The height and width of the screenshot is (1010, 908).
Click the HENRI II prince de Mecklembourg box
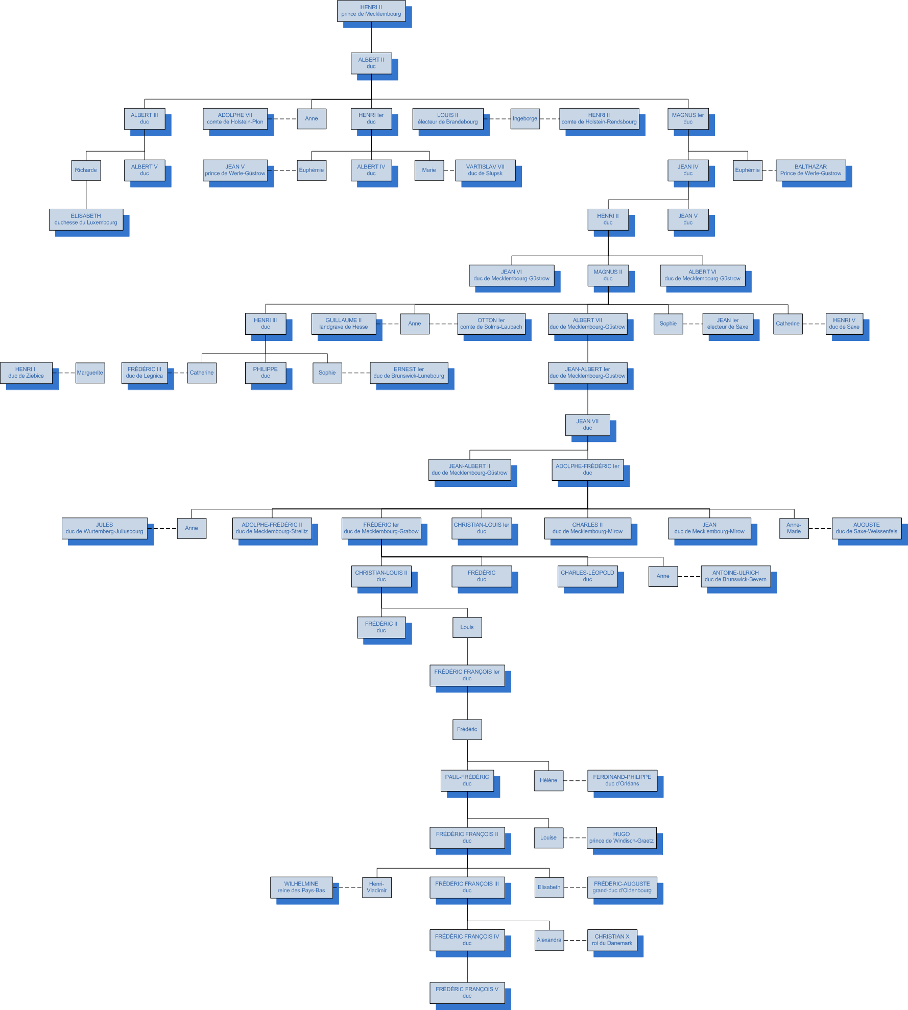pos(371,11)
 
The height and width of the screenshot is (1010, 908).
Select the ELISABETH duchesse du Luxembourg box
pos(86,219)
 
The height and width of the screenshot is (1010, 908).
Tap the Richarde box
pos(86,170)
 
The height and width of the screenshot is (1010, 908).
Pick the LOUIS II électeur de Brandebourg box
pos(448,118)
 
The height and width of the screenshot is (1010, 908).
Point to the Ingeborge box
pos(525,119)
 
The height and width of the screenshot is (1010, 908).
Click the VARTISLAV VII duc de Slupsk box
pos(485,170)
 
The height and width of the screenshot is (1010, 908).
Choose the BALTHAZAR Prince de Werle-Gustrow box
pos(810,170)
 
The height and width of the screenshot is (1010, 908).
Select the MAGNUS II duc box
pos(608,276)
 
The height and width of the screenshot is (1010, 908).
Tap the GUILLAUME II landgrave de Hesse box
pos(344,324)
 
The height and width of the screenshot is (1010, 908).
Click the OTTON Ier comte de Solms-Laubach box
pos(491,324)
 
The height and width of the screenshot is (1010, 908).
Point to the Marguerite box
pos(90,373)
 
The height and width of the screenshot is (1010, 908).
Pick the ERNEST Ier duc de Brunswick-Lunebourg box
pos(409,373)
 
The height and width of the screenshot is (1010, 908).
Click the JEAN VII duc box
pos(587,425)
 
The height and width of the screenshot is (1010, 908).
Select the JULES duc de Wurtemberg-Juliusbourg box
pos(105,528)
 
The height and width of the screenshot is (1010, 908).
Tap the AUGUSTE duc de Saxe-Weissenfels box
pos(867,528)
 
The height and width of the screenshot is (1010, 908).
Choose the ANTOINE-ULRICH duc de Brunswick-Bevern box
pos(735,576)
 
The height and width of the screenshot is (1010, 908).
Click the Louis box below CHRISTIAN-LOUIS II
pos(467,628)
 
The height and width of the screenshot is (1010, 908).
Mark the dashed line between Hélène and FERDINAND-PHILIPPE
pos(576,781)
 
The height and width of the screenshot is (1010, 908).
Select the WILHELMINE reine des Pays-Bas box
pos(301,888)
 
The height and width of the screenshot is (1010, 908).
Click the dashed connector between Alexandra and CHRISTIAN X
pos(576,940)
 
